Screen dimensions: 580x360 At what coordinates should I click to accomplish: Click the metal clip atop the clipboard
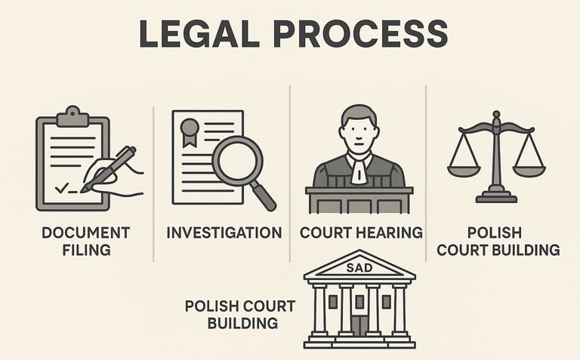pos(72,115)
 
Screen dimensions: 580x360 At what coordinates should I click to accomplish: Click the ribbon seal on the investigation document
pos(189,130)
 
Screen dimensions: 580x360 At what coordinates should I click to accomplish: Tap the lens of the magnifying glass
pos(237,161)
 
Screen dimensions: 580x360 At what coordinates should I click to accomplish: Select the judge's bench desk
pos(359,201)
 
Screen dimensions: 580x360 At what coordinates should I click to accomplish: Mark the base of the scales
pos(495,198)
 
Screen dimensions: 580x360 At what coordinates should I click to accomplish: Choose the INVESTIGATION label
pos(224,232)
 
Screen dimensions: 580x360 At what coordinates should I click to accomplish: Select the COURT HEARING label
pos(361,232)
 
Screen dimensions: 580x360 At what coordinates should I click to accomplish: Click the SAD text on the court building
pos(359,268)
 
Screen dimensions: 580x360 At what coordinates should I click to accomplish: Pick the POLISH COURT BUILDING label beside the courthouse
pos(239,314)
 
